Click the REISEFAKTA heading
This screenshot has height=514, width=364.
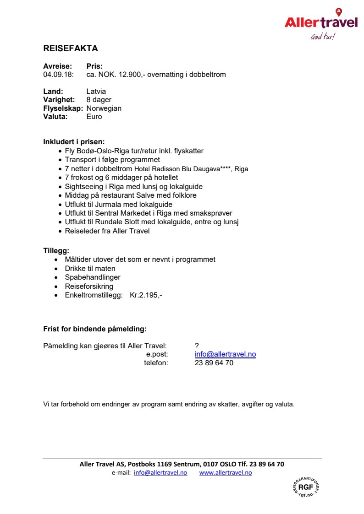(71, 49)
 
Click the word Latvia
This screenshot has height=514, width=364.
(96, 92)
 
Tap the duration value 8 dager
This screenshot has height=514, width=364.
(99, 100)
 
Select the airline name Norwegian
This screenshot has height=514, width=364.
(104, 108)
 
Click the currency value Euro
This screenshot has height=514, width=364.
(94, 116)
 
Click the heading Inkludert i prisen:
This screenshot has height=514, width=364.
(74, 142)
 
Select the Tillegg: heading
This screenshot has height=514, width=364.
(56, 251)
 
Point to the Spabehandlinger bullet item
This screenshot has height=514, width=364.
(93, 277)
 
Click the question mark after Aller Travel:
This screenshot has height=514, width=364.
(197, 346)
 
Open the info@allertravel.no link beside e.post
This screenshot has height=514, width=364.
(225, 354)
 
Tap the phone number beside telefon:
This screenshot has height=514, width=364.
(214, 363)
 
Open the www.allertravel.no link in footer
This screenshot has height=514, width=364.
(226, 473)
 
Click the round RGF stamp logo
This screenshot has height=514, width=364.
(305, 487)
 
